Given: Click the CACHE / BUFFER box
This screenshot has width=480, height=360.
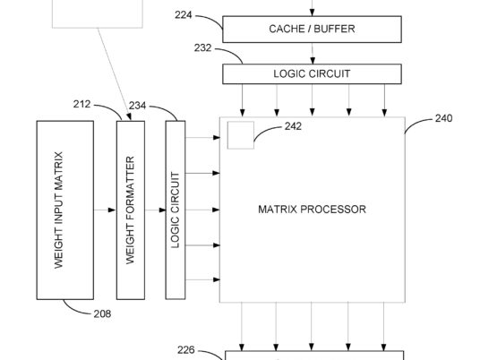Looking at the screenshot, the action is (x=312, y=29).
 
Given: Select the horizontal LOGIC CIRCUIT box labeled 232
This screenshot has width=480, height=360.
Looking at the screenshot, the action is (x=312, y=73).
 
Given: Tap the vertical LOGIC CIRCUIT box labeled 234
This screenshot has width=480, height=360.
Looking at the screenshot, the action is (x=176, y=210).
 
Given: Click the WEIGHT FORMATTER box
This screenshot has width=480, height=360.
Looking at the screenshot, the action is (x=131, y=210).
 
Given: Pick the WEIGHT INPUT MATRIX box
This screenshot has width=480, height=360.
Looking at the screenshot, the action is (x=65, y=210).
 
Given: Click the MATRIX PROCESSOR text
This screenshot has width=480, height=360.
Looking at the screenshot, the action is (x=312, y=210).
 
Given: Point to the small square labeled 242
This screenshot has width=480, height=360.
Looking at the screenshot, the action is (x=241, y=135).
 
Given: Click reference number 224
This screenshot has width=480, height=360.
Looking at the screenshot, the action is (x=184, y=14).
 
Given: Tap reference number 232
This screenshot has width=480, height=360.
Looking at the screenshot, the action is (x=202, y=47).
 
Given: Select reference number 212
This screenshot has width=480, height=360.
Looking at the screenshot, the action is (x=82, y=104).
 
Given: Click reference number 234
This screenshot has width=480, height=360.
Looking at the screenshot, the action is (x=137, y=106).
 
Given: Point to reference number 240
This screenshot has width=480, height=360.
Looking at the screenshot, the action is (x=444, y=118).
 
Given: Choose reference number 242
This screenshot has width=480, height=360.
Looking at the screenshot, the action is (x=293, y=126).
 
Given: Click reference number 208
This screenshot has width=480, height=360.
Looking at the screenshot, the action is (x=102, y=313).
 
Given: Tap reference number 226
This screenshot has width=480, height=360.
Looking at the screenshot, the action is (x=185, y=349).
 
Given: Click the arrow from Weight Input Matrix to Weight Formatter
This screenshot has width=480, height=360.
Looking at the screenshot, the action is (x=105, y=210).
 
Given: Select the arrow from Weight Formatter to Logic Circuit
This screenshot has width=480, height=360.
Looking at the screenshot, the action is (x=155, y=210).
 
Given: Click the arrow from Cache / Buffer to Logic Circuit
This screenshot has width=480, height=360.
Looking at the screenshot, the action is (x=313, y=53).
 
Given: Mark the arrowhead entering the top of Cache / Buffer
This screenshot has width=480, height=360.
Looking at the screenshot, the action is (x=312, y=13).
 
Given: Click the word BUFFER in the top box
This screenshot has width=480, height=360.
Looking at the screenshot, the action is (x=334, y=29).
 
